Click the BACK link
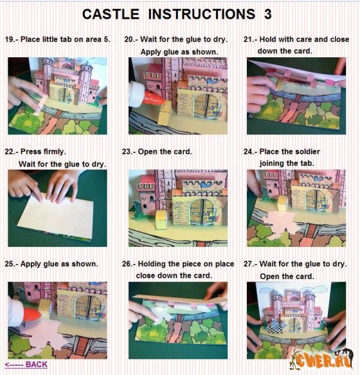(x=26, y=365)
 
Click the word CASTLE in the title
(x=111, y=14)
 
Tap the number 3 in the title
(x=267, y=14)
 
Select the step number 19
(x=10, y=39)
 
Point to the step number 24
(x=249, y=152)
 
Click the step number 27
(x=249, y=264)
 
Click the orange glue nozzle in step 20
(x=154, y=99)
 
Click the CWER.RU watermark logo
(x=321, y=359)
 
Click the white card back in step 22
(x=57, y=215)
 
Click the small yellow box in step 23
(x=161, y=219)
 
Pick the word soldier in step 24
(x=308, y=152)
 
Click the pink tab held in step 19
(x=40, y=105)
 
